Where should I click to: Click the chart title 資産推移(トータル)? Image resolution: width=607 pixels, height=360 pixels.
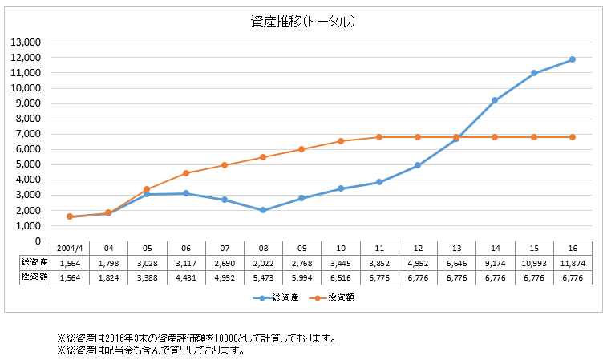coord(303,22)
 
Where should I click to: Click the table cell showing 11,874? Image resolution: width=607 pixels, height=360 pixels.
coord(572,262)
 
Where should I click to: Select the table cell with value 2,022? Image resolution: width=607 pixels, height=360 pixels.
coord(263,262)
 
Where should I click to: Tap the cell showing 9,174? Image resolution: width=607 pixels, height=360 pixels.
coord(495,262)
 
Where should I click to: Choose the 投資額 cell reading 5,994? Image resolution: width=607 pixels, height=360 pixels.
coord(301,277)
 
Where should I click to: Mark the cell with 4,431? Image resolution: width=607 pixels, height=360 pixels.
coord(186,277)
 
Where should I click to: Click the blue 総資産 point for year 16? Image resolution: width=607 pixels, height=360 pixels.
coord(573,59)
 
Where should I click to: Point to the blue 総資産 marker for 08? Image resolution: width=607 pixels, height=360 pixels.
coord(263,210)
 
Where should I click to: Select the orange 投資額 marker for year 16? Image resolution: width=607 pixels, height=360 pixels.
coord(573,137)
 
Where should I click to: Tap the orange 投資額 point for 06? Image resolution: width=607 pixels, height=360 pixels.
coord(186,173)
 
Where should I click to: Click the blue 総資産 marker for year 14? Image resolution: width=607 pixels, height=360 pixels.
coord(495,100)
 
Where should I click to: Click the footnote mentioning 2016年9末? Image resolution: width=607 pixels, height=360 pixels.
coord(196,338)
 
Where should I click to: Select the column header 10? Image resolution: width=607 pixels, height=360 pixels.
coord(340,248)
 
